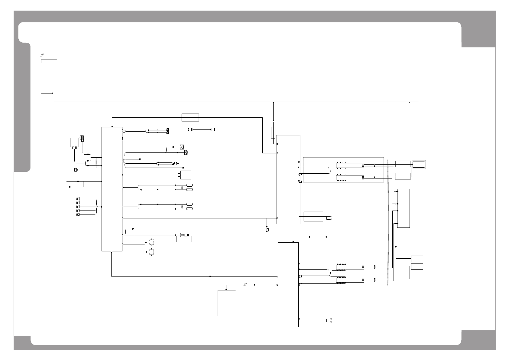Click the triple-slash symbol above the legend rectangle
coord(43,55)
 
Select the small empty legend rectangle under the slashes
coord(49,61)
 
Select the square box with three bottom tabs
coord(74,143)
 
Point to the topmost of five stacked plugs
coord(78,199)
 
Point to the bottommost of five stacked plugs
coord(78,214)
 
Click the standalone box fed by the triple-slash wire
coord(227,303)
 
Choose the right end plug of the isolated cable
coord(213,129)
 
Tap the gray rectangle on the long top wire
coord(190,117)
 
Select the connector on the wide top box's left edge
coord(53,93)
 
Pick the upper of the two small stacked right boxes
coord(417,259)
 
